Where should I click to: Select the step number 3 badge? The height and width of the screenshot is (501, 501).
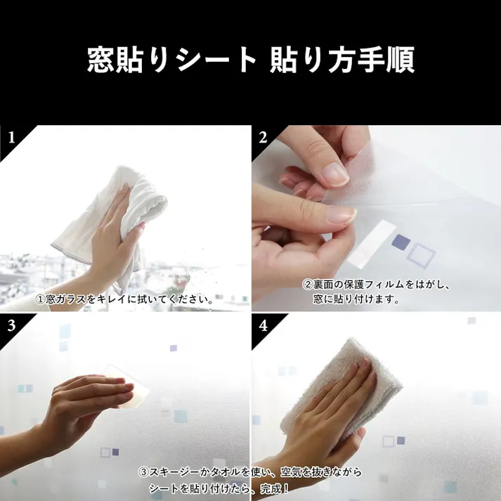11,325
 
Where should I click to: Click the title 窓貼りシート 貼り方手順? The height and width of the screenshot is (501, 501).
250,60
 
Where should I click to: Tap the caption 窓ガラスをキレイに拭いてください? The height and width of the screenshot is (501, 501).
125,299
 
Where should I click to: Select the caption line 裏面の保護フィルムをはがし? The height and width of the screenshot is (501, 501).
376,285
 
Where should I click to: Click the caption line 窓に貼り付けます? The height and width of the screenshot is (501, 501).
356,299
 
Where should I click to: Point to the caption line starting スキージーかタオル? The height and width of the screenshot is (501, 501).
249,471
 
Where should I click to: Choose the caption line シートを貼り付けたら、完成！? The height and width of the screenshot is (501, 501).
219,488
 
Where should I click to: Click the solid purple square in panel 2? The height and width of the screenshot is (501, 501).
400,242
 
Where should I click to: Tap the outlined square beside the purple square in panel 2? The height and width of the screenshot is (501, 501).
422,255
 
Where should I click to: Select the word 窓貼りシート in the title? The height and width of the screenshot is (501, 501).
171,60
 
